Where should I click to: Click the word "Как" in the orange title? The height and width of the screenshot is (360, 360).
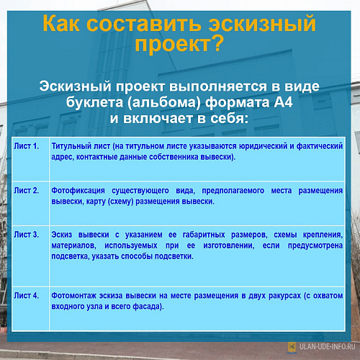coord(61,23)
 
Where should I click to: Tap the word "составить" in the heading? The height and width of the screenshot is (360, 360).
coord(143,24)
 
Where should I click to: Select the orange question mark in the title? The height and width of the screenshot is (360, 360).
coord(217,43)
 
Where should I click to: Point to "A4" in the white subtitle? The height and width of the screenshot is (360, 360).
coord(284,102)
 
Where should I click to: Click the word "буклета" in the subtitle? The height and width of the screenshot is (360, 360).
coord(96,102)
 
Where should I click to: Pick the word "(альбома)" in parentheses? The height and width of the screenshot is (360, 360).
coord(166,102)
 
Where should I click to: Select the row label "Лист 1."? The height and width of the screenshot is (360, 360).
coord(27,146)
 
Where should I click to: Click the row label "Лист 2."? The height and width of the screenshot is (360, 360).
coord(27,190)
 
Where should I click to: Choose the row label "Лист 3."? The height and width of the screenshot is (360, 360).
coord(27,235)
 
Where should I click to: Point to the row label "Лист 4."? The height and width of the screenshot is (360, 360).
coord(27,295)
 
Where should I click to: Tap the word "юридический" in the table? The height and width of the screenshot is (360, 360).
coord(264,146)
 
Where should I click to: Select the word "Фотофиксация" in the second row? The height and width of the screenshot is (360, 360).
coord(78,191)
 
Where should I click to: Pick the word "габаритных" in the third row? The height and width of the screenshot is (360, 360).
coord(204,235)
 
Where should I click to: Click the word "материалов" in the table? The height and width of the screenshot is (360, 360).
coord(74,246)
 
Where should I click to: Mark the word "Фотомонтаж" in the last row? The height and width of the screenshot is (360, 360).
coord(74,296)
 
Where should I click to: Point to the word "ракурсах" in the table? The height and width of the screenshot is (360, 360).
coord(284,296)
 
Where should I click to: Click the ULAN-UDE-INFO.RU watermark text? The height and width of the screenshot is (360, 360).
coord(327,346)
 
